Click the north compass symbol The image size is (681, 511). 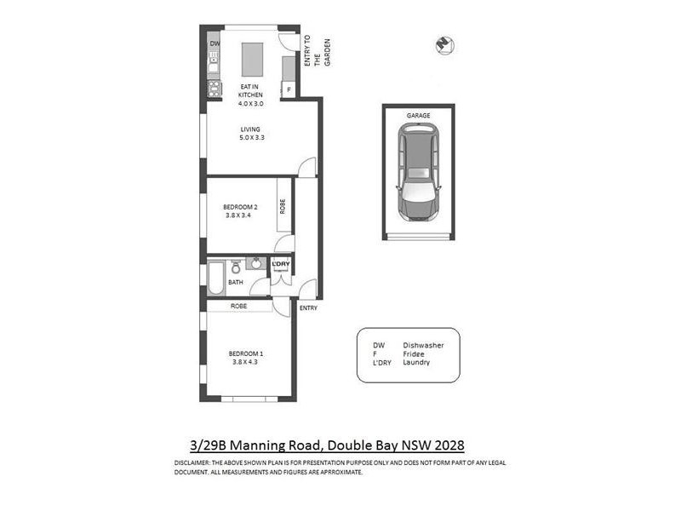(x=442, y=43)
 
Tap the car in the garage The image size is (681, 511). (x=418, y=172)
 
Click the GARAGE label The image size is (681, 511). (x=417, y=115)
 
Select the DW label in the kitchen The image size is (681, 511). (x=215, y=43)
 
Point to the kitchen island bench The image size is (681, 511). (x=251, y=60)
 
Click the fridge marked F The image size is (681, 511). (x=289, y=89)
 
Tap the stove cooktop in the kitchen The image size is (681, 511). (x=215, y=88)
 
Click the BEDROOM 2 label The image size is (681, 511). (x=240, y=207)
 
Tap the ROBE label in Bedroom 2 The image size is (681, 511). (x=282, y=206)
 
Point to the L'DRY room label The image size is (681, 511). (x=281, y=264)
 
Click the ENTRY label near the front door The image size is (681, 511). (x=307, y=307)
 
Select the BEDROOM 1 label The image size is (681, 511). (x=245, y=353)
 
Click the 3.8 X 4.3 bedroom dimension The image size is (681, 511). (x=245, y=362)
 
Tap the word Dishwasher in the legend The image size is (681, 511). (x=423, y=345)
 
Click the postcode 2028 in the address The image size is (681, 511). (x=449, y=445)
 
